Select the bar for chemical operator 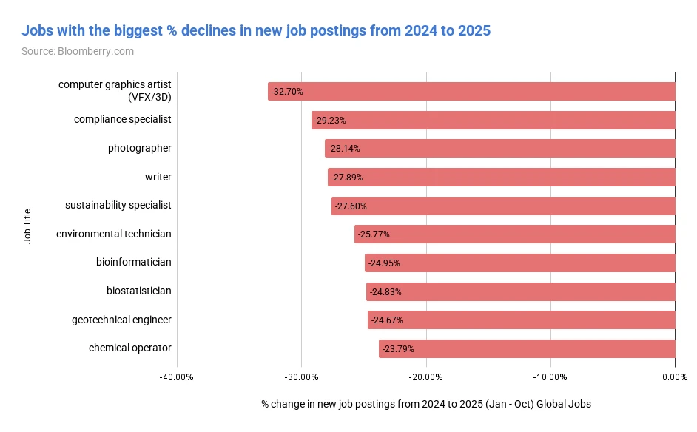point(527,348)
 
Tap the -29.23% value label point(330,120)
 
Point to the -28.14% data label point(344,149)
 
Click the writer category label point(158,177)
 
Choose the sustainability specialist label point(118,205)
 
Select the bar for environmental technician point(514,234)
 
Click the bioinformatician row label point(134,262)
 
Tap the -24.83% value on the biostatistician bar point(385,291)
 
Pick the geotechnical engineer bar point(521,320)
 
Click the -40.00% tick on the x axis point(176,377)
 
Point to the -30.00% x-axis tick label point(301,377)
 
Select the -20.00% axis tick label point(426,377)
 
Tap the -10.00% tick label point(550,377)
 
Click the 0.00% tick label point(675,377)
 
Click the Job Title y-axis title point(27,226)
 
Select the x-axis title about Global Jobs point(426,405)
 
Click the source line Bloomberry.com point(78,51)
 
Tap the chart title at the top point(255,31)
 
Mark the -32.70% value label point(287,92)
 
